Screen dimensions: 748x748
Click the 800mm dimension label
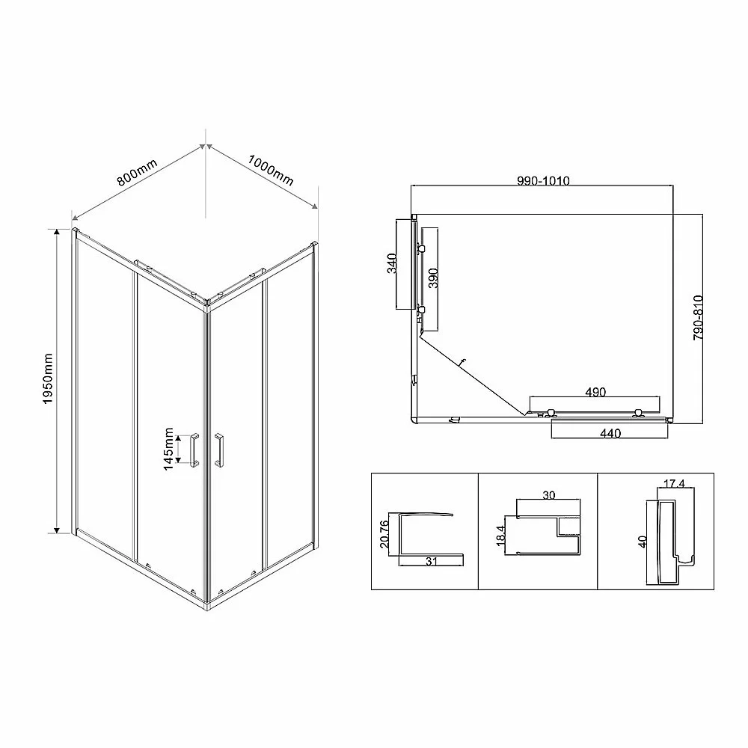point(137,173)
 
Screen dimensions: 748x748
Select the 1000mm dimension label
point(270,170)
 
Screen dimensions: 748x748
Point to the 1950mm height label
point(48,378)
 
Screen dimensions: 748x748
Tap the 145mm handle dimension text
point(168,449)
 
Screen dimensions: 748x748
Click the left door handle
point(194,450)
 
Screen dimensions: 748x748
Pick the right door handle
point(219,450)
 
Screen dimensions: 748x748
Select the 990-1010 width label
point(543,181)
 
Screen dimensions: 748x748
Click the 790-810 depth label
point(698,318)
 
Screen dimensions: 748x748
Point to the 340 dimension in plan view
point(392,263)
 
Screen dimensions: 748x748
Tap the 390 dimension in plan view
point(432,278)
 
